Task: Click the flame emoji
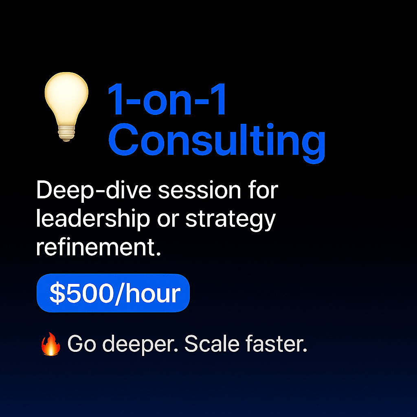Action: click(51, 344)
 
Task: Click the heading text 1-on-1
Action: click(167, 100)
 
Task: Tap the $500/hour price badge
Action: click(113, 293)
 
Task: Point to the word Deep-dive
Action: click(94, 191)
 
